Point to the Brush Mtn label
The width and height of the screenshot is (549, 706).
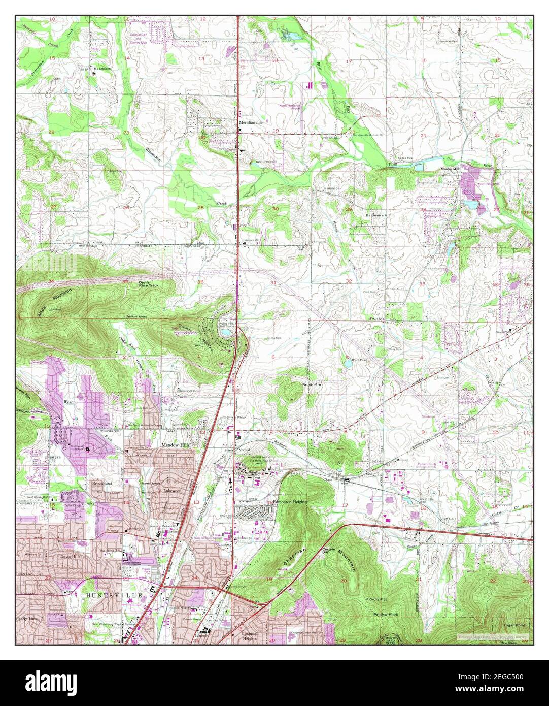(x=312, y=385)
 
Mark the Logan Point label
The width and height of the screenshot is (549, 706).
(x=514, y=625)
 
